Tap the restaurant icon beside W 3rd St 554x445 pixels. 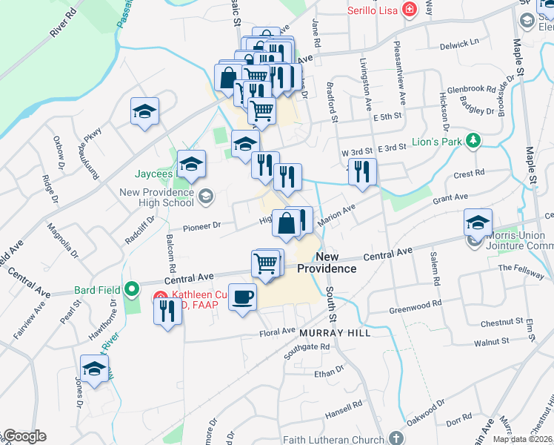point(362,171)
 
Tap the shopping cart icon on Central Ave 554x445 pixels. point(267,263)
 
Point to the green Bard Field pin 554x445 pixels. point(133,289)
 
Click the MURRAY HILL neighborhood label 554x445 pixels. point(334,334)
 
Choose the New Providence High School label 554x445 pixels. point(157,197)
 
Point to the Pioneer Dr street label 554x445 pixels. point(202,225)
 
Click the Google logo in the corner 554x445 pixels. point(24,436)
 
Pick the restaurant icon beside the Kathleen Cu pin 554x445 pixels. point(167,311)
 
